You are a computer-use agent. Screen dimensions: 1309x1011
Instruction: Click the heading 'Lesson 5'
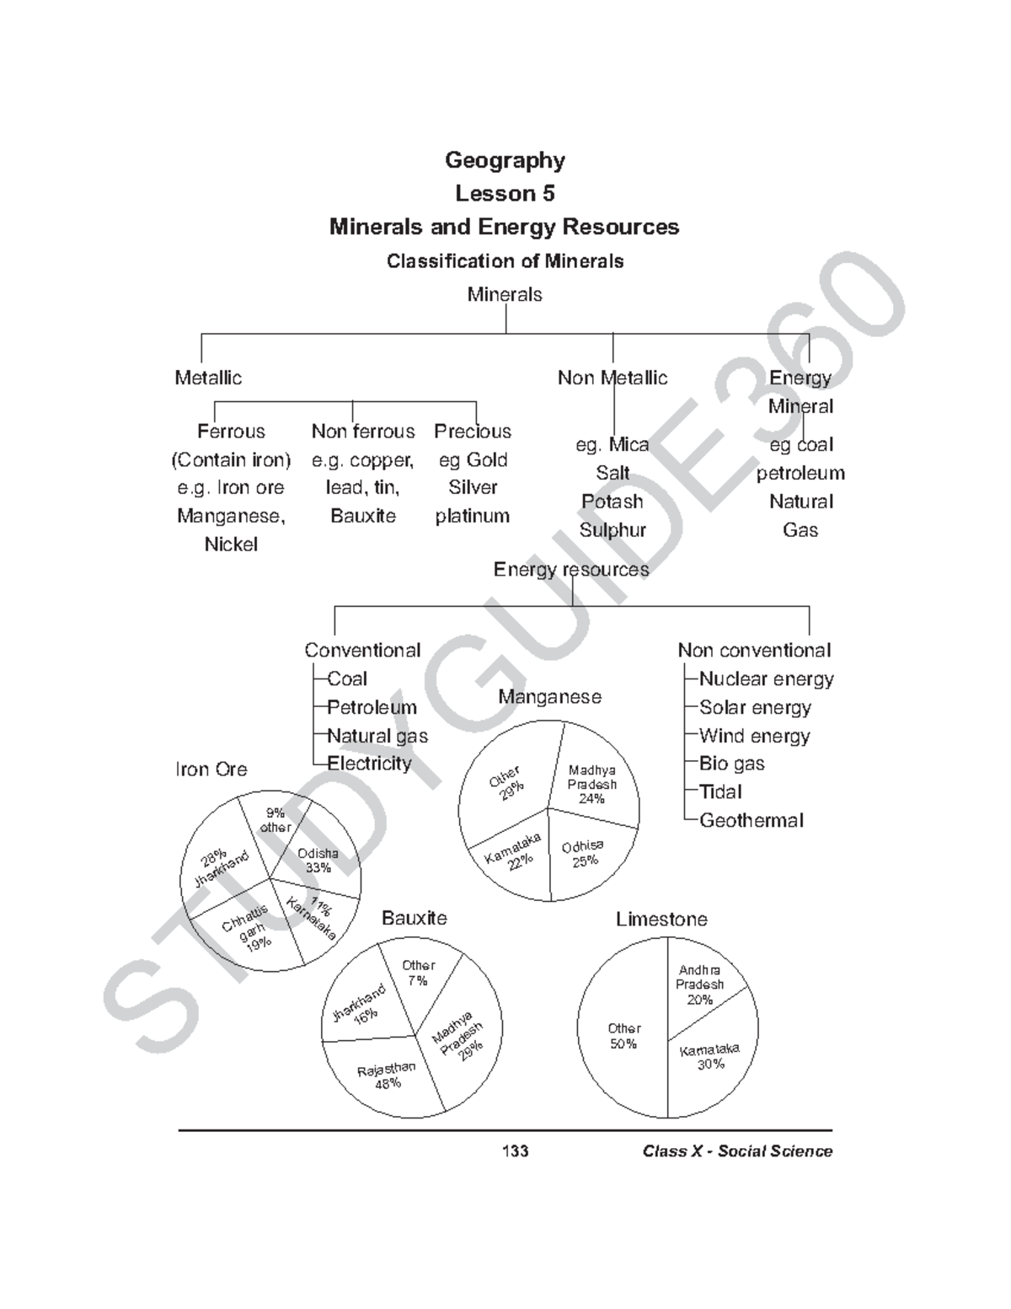[x=505, y=194]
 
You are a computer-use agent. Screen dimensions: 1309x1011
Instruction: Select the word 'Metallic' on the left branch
[x=208, y=378]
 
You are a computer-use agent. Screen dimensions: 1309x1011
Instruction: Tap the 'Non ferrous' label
[x=363, y=432]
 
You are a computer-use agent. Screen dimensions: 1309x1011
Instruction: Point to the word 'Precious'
[x=473, y=432]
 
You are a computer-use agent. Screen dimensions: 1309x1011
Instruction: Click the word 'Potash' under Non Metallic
[x=612, y=502]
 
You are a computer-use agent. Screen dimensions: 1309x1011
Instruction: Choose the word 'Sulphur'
[x=612, y=530]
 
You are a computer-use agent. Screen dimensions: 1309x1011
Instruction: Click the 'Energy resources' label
[x=571, y=570]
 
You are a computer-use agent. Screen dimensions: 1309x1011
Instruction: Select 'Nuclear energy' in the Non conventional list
[x=766, y=679]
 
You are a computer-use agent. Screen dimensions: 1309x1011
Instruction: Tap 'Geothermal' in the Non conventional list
[x=752, y=820]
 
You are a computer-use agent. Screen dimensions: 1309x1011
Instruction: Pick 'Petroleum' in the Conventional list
[x=372, y=707]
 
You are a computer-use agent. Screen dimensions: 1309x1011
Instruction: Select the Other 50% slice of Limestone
[x=624, y=1036]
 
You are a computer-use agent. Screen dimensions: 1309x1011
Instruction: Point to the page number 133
[x=515, y=1151]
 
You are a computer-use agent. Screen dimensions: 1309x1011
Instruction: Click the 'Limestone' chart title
[x=661, y=920]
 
